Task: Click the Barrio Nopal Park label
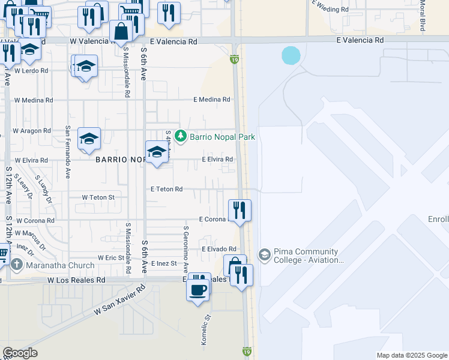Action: (222, 137)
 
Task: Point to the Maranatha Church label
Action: (60, 265)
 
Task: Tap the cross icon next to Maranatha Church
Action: (16, 265)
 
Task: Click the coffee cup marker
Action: (198, 290)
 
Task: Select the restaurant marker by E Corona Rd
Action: (240, 211)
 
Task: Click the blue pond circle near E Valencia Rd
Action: (291, 56)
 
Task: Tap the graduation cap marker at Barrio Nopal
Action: (157, 152)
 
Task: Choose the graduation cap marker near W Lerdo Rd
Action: (86, 67)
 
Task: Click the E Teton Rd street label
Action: (166, 189)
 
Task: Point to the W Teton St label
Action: (98, 197)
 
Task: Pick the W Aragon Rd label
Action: (32, 131)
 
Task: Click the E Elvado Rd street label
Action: (219, 249)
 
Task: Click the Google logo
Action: (20, 353)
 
